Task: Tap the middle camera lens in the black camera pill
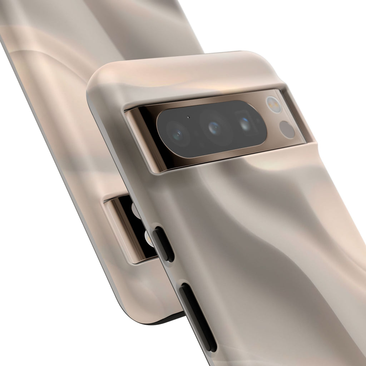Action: point(214,128)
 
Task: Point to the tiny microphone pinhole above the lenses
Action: point(188,117)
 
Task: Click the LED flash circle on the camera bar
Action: point(274,105)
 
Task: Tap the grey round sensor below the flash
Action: point(287,129)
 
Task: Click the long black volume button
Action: point(198,316)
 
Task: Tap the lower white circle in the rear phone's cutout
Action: point(147,238)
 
